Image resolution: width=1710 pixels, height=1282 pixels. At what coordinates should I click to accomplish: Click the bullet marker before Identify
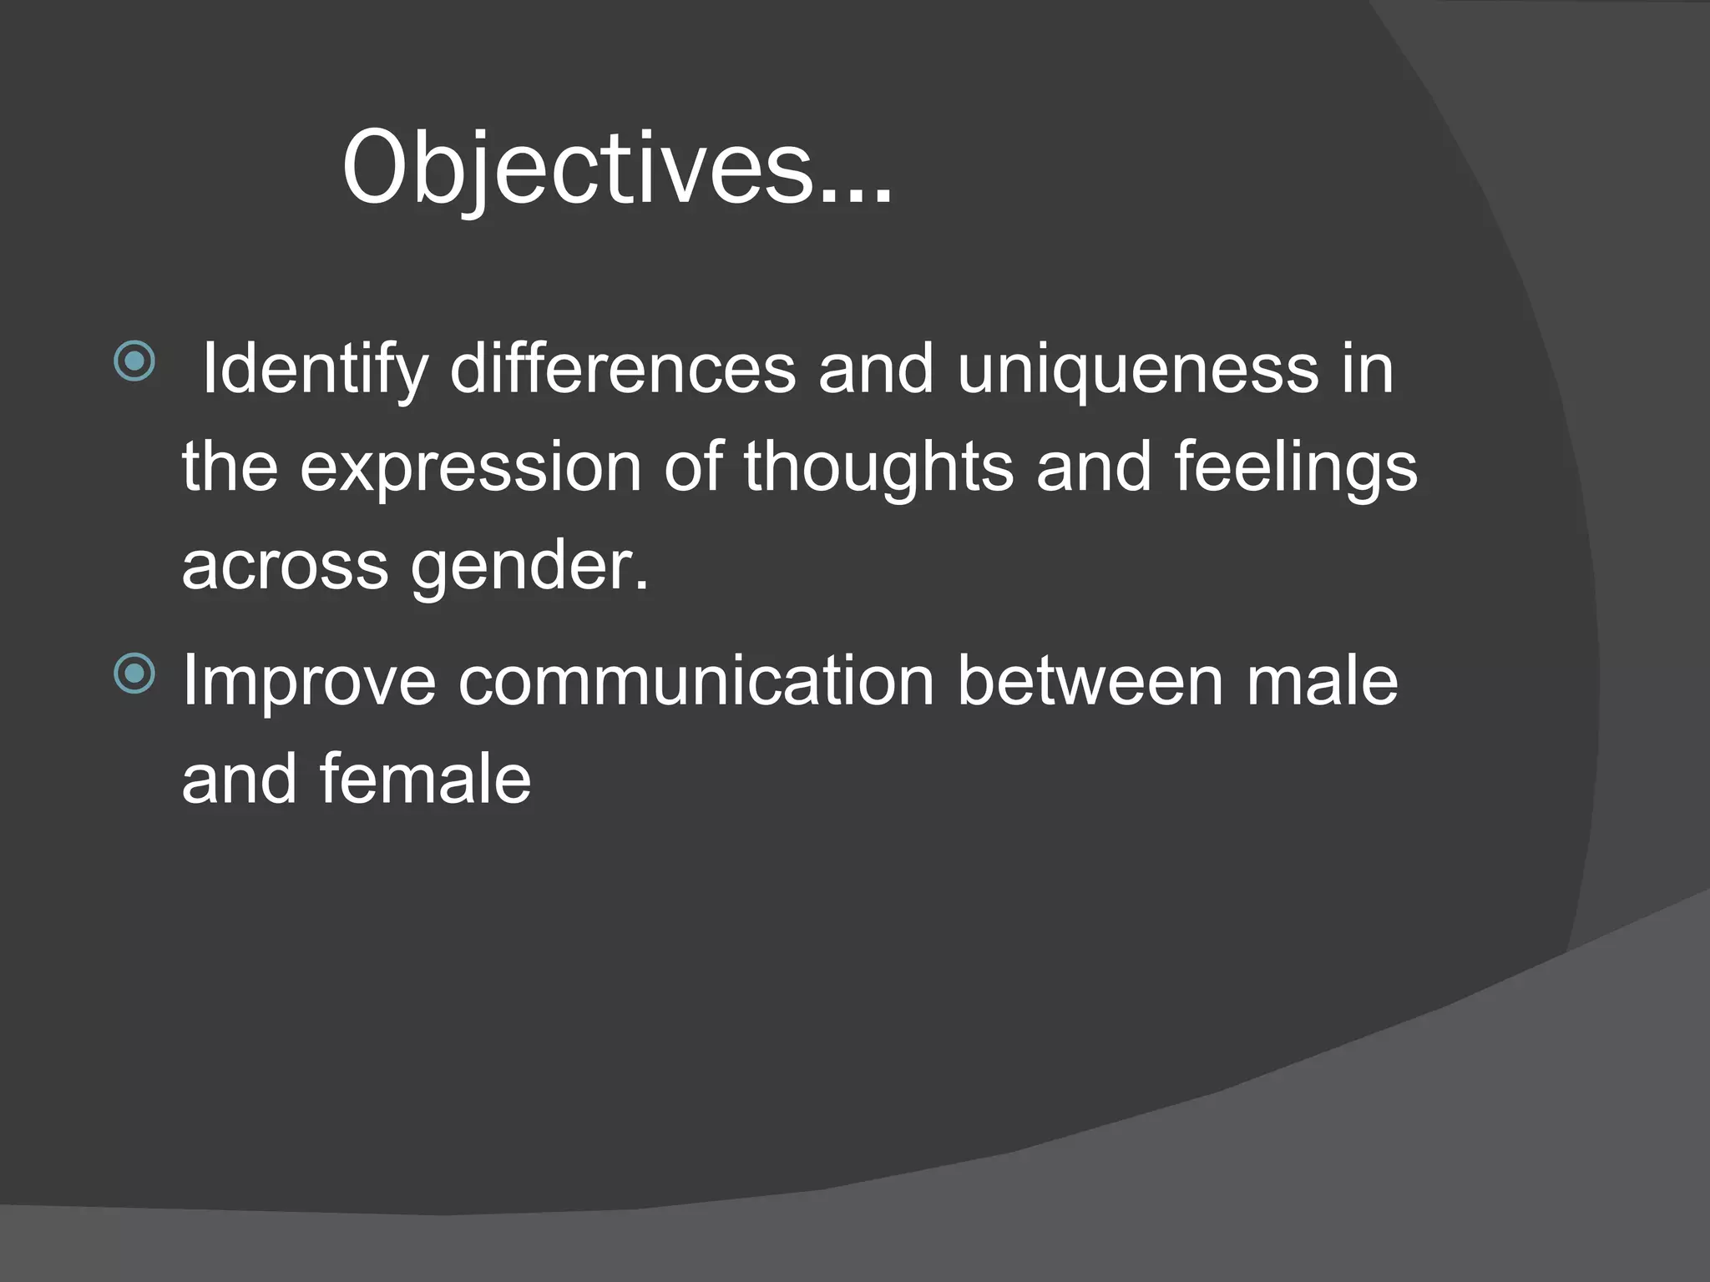[x=134, y=361]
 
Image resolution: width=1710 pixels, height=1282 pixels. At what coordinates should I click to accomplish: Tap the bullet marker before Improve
[x=134, y=673]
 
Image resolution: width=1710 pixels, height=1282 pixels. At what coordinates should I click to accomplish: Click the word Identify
[x=315, y=370]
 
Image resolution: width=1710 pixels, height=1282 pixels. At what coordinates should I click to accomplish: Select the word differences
[x=623, y=370]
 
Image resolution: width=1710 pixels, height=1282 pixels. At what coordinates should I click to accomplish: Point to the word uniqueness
[x=1138, y=370]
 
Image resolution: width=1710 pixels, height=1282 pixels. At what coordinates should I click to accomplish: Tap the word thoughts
[x=878, y=467]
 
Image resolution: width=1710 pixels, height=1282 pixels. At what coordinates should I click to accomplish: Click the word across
[x=285, y=566]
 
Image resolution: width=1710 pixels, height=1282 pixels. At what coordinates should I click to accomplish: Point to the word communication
[x=696, y=681]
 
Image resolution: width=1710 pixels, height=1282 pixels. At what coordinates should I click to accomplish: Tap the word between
[x=1090, y=681]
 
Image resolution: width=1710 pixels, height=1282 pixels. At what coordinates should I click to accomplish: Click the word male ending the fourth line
[x=1322, y=681]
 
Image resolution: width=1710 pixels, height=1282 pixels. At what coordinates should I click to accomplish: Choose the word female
[x=425, y=779]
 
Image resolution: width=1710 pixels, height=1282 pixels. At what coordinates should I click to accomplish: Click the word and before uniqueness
[x=875, y=370]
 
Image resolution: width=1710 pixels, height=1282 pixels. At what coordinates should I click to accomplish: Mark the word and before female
[x=239, y=779]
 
